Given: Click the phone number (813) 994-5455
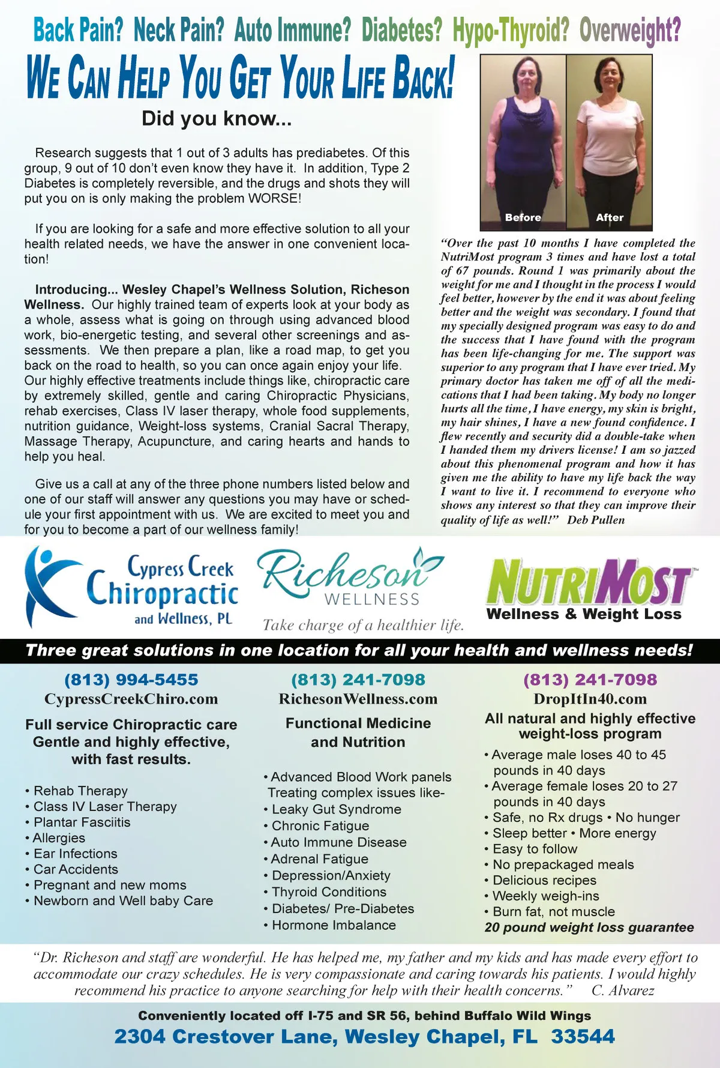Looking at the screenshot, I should point(131,680).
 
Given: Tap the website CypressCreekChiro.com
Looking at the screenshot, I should point(131,699).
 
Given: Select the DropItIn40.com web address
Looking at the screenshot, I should point(590,699).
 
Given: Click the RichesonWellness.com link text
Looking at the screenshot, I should point(358,699).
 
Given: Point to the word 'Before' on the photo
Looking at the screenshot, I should point(523,217).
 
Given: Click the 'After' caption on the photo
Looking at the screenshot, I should point(610,217).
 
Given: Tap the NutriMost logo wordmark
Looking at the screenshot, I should point(588,582).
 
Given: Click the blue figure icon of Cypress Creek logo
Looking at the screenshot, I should point(51,585).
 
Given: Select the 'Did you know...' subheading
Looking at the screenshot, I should point(217,118).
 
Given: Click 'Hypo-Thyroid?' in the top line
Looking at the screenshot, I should point(511,30).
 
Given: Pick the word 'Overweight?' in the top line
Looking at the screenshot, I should point(630,30).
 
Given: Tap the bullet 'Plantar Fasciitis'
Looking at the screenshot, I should point(82,822).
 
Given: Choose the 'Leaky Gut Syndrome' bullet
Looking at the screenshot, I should point(336,809).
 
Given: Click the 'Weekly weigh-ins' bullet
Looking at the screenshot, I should point(545,896).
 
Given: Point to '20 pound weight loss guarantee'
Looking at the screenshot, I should point(589,928).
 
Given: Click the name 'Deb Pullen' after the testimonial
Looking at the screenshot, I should point(596,520).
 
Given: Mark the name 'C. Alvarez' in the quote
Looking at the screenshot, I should point(623,991).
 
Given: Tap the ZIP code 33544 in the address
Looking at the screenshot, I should point(583,1037).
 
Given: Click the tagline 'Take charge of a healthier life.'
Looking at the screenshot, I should point(363,626).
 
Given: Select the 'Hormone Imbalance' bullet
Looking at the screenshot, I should point(334,925).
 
